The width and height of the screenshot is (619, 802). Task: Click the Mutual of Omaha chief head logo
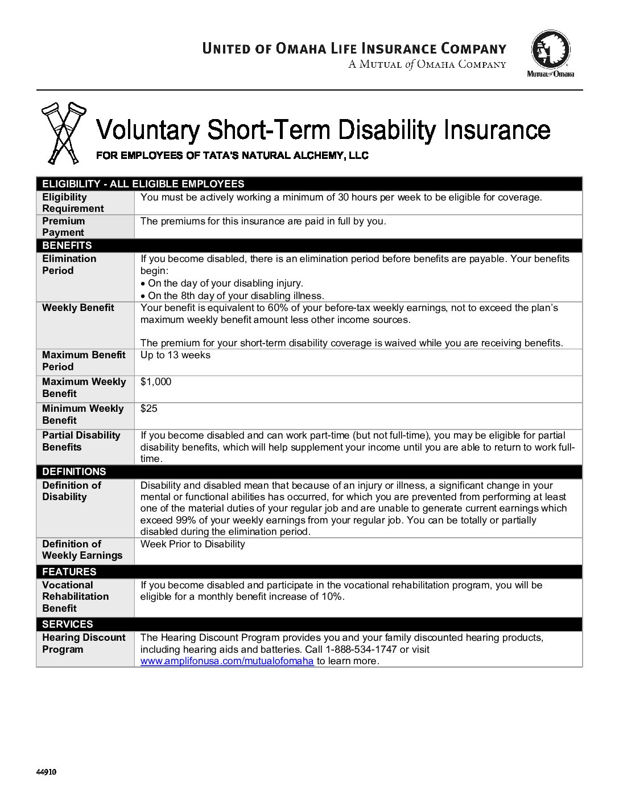pyautogui.click(x=550, y=50)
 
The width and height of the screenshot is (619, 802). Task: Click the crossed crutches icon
pyautogui.click(x=63, y=133)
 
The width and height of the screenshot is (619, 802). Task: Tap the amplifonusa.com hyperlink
pyautogui.click(x=227, y=661)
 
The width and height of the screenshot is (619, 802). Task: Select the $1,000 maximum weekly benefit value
pyautogui.click(x=156, y=382)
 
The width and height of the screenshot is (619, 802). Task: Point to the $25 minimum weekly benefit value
pyautogui.click(x=149, y=408)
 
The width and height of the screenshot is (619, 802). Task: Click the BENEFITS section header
pyautogui.click(x=67, y=245)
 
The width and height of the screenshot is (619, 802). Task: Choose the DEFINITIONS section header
pyautogui.click(x=74, y=472)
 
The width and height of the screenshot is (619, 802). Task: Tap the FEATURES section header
pyautogui.click(x=69, y=572)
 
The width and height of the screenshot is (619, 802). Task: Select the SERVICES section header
pyautogui.click(x=67, y=624)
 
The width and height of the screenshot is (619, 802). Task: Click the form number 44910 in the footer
pyautogui.click(x=46, y=772)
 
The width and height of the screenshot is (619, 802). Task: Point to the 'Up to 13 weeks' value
pyautogui.click(x=175, y=355)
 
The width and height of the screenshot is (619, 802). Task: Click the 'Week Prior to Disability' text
pyautogui.click(x=192, y=544)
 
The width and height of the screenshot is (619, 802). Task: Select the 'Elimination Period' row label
pyautogui.click(x=69, y=264)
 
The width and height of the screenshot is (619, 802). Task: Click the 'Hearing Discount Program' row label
pyautogui.click(x=84, y=643)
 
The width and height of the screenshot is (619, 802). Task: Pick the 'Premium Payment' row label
pyautogui.click(x=63, y=227)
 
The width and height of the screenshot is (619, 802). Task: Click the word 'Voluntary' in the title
pyautogui.click(x=148, y=130)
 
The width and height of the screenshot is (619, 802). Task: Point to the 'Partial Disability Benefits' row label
pyautogui.click(x=81, y=441)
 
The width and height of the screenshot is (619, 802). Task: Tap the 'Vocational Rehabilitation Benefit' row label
pyautogui.click(x=75, y=596)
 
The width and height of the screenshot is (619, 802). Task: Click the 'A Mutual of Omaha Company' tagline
pyautogui.click(x=427, y=64)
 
